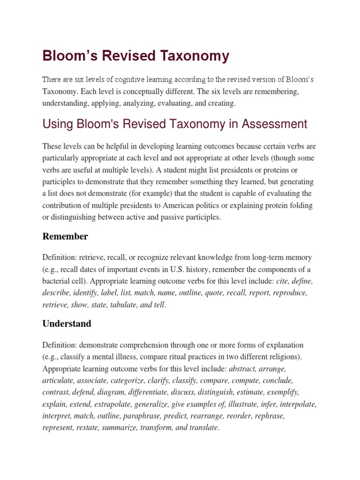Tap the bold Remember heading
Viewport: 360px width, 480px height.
point(65,236)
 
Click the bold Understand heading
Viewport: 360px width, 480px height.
point(67,323)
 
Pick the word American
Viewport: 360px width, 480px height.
point(186,205)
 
